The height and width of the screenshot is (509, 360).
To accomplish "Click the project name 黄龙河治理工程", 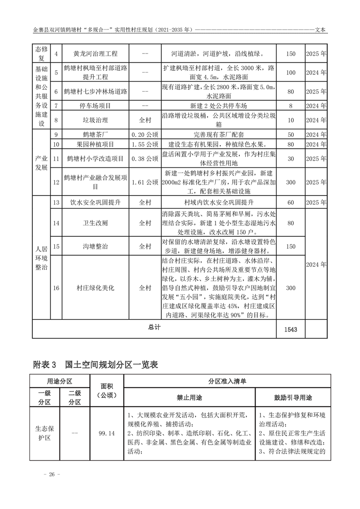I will point(95,54).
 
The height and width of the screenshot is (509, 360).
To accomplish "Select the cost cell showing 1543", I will point(291,330).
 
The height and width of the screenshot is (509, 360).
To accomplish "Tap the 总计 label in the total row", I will point(154,327).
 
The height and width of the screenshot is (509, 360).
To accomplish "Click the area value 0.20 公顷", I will point(144,135).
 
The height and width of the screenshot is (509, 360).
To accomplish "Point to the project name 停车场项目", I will point(95,106).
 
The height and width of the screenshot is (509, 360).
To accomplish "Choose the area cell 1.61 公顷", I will point(144,182).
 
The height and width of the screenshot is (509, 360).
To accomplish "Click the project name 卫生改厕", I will point(95,223).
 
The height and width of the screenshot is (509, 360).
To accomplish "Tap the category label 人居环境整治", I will point(41,258).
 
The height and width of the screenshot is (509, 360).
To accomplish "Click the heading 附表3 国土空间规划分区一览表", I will point(95,364).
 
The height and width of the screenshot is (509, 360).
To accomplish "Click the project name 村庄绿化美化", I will point(95,288).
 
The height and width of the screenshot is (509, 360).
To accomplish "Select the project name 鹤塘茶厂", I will point(95,135).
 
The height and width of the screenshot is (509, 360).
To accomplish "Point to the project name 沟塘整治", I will point(95,246).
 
